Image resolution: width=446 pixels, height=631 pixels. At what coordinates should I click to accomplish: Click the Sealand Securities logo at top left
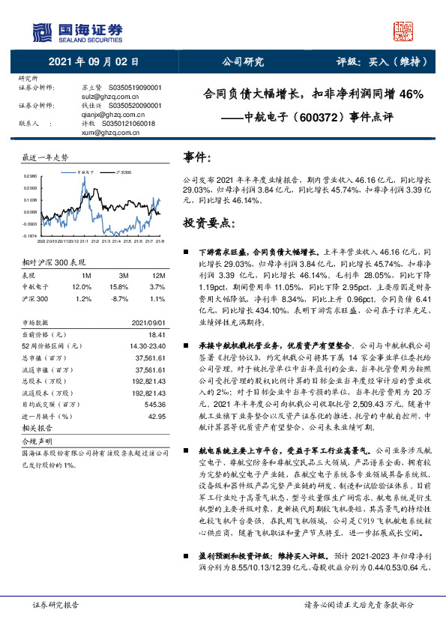(x=76, y=31)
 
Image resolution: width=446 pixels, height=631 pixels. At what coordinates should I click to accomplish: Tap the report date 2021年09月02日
(x=93, y=61)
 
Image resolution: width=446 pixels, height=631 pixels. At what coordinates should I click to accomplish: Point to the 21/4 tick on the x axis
(x=107, y=241)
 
